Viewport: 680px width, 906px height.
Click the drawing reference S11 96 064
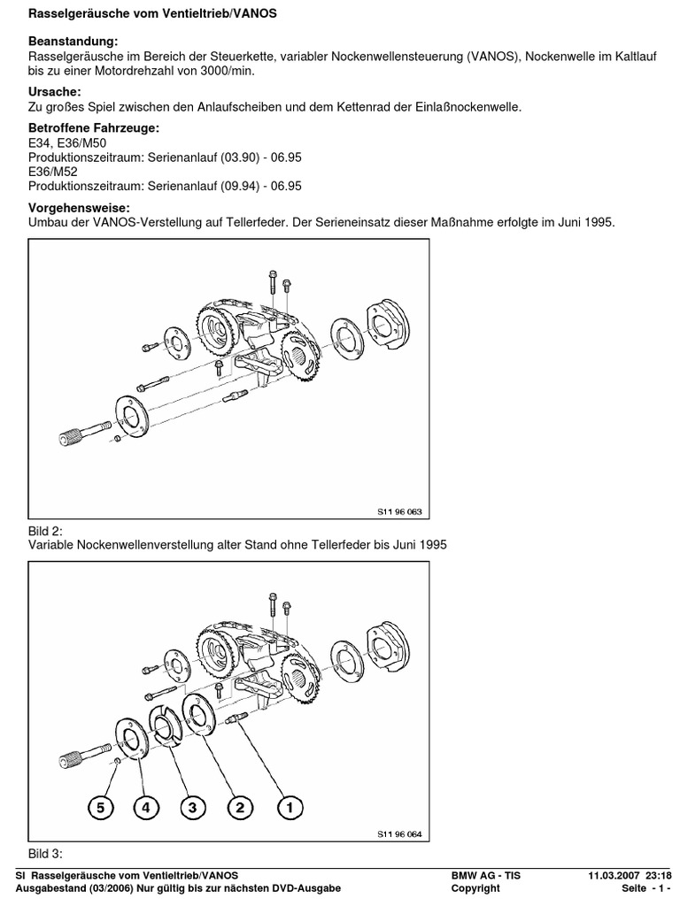[400, 833]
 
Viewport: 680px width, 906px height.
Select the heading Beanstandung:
[73, 42]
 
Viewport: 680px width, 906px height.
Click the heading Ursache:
[55, 92]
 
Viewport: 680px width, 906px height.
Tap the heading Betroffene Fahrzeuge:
[94, 129]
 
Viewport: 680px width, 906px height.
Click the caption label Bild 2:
[46, 530]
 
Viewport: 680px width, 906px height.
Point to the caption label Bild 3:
[46, 854]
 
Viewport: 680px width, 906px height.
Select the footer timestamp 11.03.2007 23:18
[630, 875]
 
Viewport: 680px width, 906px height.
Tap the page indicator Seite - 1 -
[646, 888]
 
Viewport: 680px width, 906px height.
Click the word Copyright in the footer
[475, 888]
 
